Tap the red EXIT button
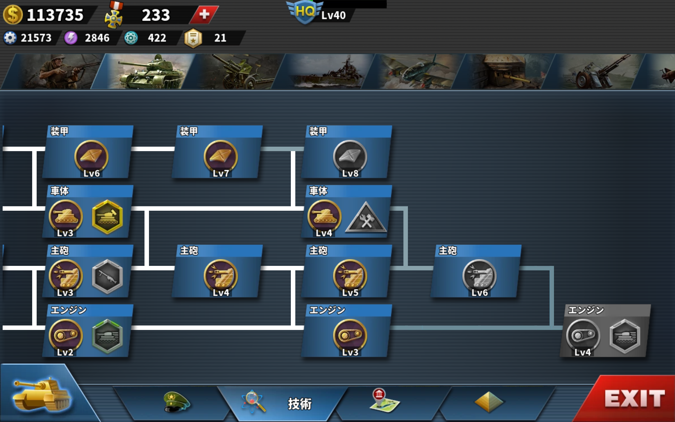click(x=633, y=399)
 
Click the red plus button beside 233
click(x=204, y=15)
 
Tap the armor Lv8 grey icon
click(x=350, y=157)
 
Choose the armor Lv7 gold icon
click(x=221, y=157)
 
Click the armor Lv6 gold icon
click(x=91, y=157)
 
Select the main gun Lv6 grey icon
click(x=479, y=276)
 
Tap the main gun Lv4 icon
click(x=221, y=276)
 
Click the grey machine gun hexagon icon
click(x=107, y=276)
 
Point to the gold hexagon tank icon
click(x=107, y=217)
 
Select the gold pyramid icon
click(x=489, y=402)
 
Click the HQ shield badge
click(x=305, y=12)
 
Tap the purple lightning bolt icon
click(x=71, y=38)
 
